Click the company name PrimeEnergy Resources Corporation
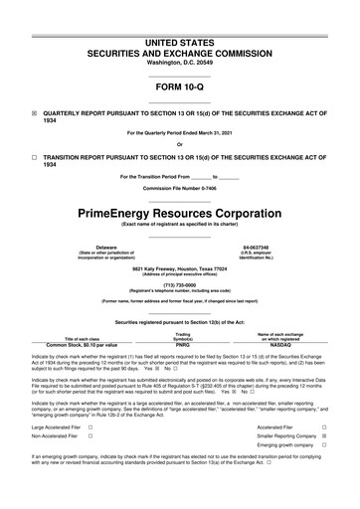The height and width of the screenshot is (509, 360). [x=179, y=213]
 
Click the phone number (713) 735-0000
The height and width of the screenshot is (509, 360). [x=179, y=284]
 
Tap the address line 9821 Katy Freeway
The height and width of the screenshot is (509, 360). [x=179, y=266]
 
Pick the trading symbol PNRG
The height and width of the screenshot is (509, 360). [x=183, y=345]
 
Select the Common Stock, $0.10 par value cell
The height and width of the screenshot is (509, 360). [x=76, y=345]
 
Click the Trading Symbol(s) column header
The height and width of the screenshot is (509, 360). [x=183, y=336]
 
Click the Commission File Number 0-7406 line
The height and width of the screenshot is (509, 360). [x=179, y=187]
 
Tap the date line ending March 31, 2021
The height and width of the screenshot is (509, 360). [x=179, y=132]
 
